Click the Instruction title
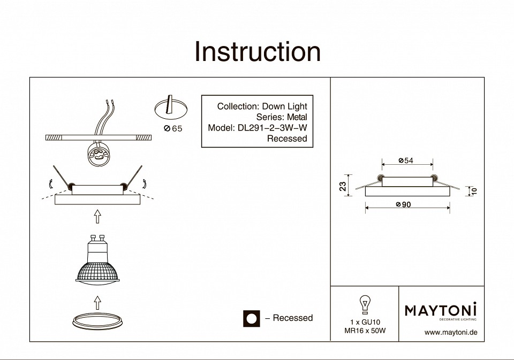[258, 52]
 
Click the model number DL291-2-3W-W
[272, 128]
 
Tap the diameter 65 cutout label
[172, 128]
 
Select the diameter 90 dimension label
[404, 205]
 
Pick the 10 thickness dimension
[473, 191]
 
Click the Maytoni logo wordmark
[440, 310]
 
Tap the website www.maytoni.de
[450, 333]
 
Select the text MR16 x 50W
[365, 331]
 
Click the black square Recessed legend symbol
[251, 318]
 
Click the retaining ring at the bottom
[97, 321]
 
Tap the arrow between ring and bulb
[97, 303]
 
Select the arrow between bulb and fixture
[97, 217]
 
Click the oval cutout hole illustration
[170, 109]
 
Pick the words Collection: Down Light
[262, 106]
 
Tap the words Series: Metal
[282, 117]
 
